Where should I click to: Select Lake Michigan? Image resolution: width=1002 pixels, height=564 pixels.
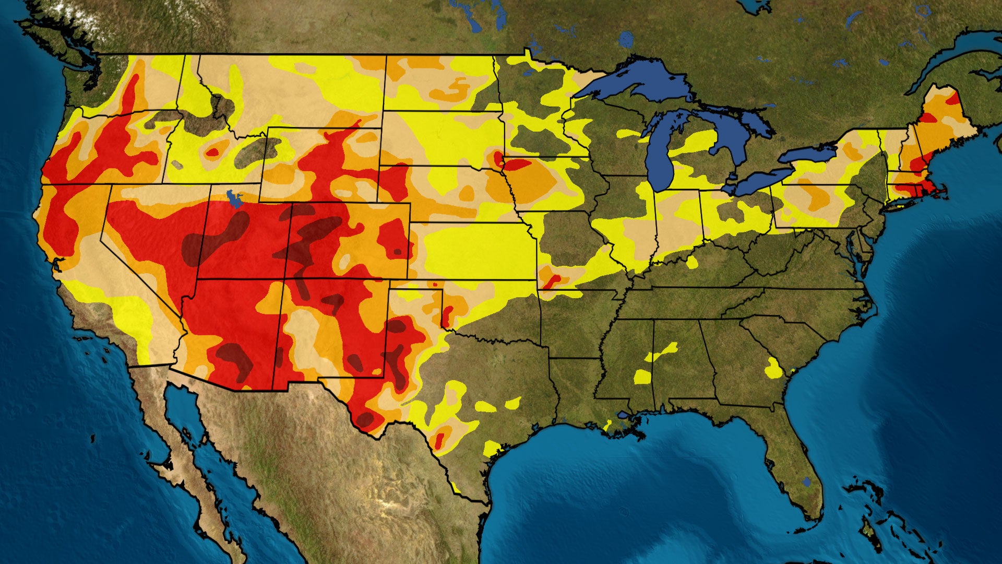(659, 157)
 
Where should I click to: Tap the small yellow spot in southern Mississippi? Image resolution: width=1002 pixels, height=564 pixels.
(642, 376)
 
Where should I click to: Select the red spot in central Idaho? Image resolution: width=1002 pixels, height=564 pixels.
(213, 152)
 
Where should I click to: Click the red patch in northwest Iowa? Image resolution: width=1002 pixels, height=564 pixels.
(517, 164)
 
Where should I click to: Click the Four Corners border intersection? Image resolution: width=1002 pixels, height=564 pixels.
(284, 279)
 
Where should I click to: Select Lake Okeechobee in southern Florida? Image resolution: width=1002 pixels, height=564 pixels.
(807, 481)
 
